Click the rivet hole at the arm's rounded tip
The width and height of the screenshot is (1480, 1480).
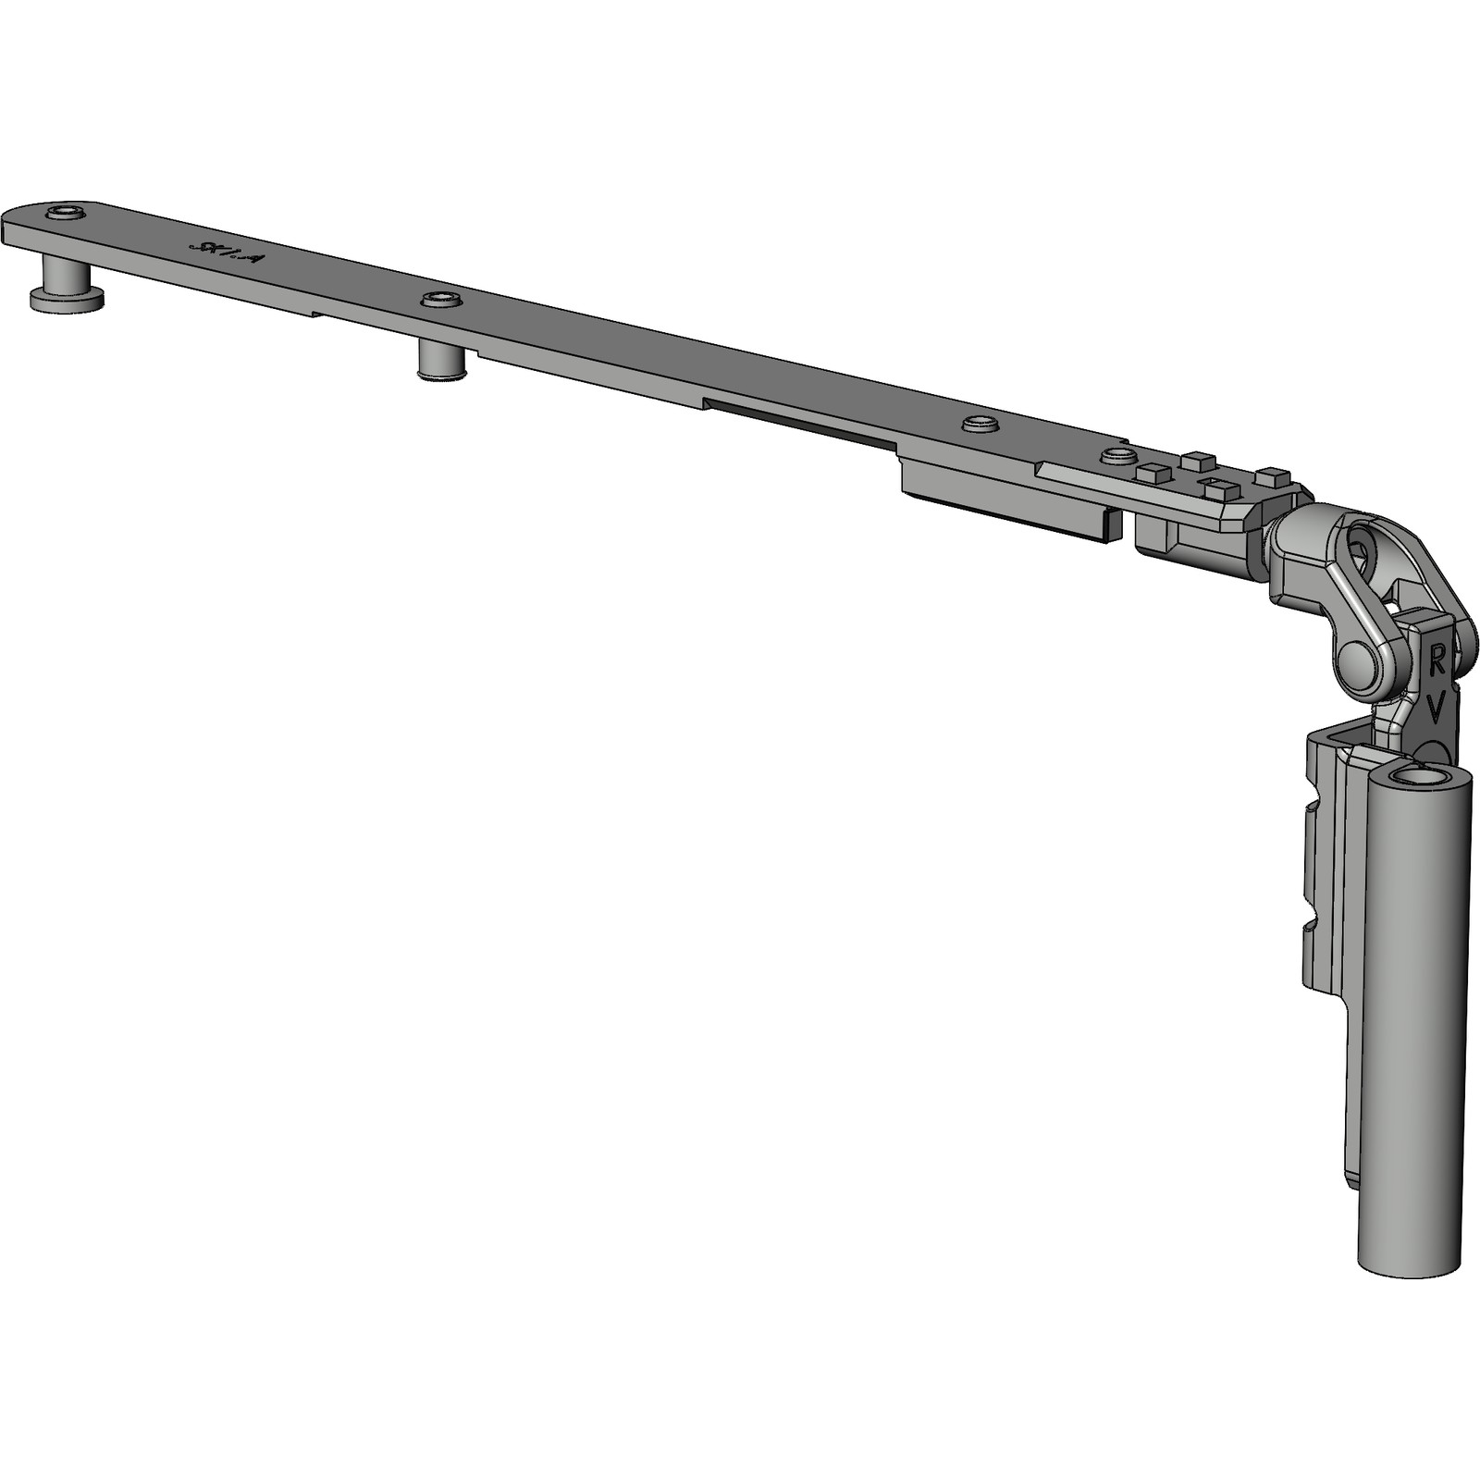(x=64, y=215)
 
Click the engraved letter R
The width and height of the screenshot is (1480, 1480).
(x=1437, y=659)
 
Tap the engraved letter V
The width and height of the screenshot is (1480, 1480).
(x=1435, y=709)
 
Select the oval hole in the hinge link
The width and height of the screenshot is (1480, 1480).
(x=1362, y=549)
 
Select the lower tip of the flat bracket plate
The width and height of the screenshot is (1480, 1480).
(x=1352, y=1179)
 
